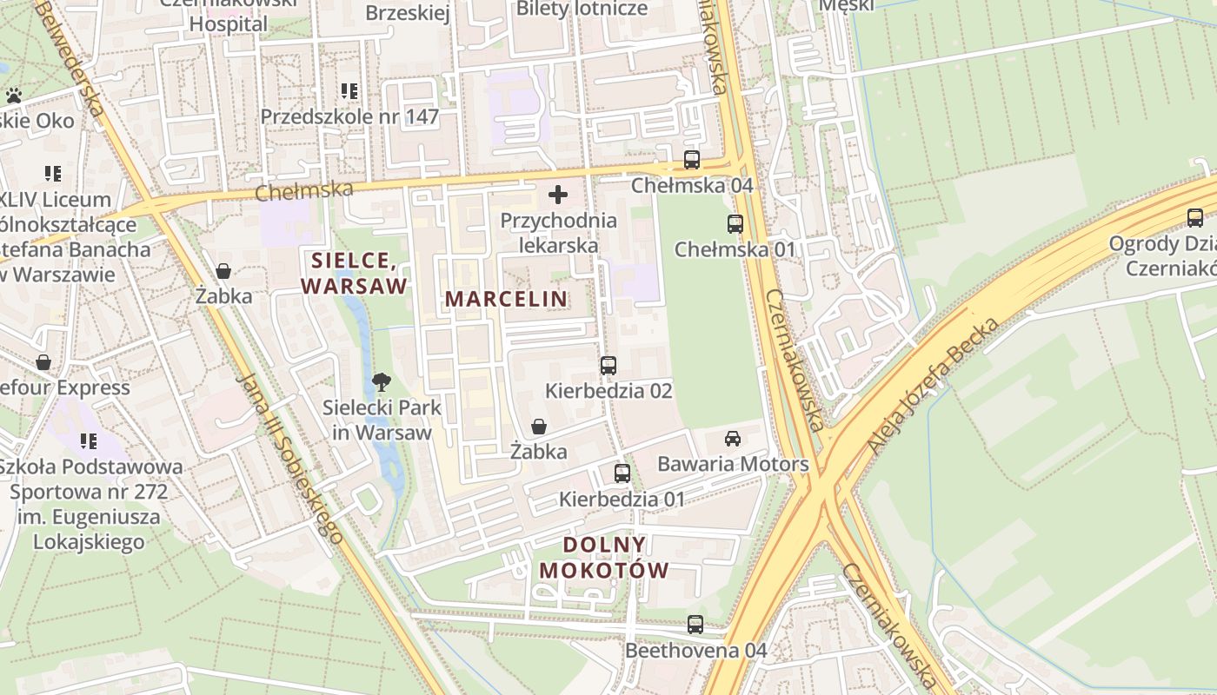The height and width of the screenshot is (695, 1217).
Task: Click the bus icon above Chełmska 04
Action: [x=692, y=160]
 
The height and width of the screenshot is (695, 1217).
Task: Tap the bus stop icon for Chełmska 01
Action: [x=735, y=224]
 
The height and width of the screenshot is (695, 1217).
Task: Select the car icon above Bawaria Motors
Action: [x=733, y=439]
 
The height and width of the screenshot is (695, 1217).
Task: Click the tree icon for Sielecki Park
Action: [x=381, y=381]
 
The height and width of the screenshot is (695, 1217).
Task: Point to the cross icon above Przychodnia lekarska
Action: [x=558, y=195]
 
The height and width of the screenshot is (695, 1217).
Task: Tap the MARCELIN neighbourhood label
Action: [x=506, y=299]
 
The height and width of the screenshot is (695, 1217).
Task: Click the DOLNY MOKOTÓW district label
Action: [x=604, y=558]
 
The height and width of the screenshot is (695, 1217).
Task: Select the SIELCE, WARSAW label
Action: [x=354, y=273]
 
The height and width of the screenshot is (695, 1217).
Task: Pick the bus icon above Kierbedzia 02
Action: [x=608, y=366]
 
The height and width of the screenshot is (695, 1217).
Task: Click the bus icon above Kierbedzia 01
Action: [x=622, y=473]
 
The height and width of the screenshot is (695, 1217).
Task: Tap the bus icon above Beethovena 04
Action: [x=695, y=625]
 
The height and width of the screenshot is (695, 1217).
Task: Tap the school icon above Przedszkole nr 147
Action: [x=349, y=91]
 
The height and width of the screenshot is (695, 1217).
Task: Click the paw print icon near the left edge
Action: [x=14, y=96]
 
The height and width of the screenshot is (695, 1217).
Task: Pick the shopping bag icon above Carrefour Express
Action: [x=43, y=362]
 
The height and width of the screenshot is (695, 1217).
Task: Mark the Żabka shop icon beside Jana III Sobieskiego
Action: [x=223, y=271]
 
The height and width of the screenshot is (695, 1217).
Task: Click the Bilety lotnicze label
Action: [x=582, y=9]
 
